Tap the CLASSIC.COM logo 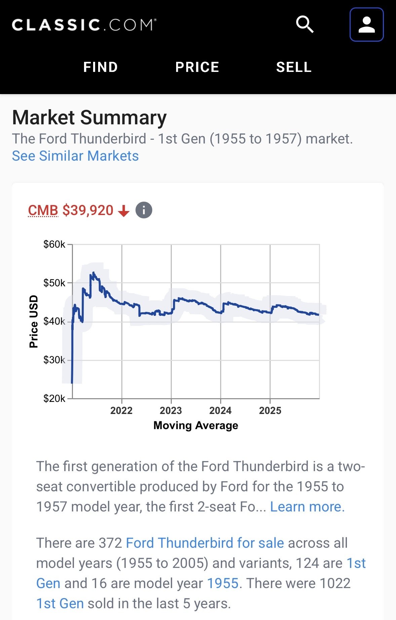[84, 25]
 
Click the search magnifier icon [305, 25]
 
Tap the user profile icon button [366, 25]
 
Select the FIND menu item [101, 67]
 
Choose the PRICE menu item [197, 67]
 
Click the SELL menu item [294, 67]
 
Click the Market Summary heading [89, 118]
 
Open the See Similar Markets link [75, 156]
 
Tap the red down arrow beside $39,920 [124, 211]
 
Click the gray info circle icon [144, 211]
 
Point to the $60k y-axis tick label [54, 244]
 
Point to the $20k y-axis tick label [54, 399]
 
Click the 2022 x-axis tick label [121, 411]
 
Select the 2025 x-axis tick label [270, 411]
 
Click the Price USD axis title [34, 322]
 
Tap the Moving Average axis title [196, 425]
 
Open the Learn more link [307, 507]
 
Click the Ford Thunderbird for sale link [205, 543]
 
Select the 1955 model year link [223, 583]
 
